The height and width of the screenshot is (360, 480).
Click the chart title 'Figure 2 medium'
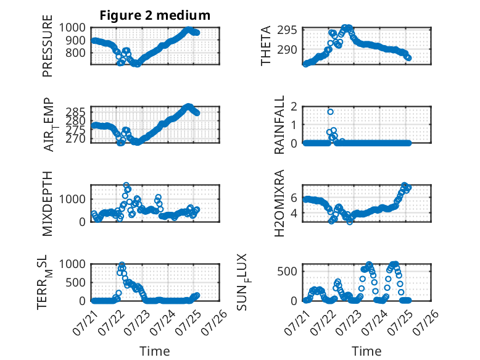(x=155, y=15)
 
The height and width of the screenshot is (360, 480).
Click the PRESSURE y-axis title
(x=48, y=46)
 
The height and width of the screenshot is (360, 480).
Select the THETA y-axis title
(x=266, y=46)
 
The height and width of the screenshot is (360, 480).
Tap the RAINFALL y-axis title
(x=279, y=125)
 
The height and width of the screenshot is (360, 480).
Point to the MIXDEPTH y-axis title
(x=48, y=203)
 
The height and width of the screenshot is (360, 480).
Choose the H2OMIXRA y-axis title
(x=279, y=203)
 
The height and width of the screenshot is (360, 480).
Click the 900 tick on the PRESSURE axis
(x=76, y=40)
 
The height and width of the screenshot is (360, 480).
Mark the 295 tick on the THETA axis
(x=287, y=30)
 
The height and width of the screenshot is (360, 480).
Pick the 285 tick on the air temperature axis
(x=76, y=112)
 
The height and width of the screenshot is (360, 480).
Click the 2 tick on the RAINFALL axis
(x=294, y=106)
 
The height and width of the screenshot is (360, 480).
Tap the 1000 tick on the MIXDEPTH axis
(x=72, y=199)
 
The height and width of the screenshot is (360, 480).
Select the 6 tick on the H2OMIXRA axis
(x=294, y=198)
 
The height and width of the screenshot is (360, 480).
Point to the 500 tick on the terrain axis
(x=76, y=282)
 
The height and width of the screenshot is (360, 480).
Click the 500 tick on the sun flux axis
(x=287, y=272)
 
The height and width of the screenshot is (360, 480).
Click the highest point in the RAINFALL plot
(x=330, y=112)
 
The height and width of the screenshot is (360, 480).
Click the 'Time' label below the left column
(x=155, y=351)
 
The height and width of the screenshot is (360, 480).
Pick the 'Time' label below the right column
(x=366, y=351)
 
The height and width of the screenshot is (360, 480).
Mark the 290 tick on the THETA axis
(x=287, y=49)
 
